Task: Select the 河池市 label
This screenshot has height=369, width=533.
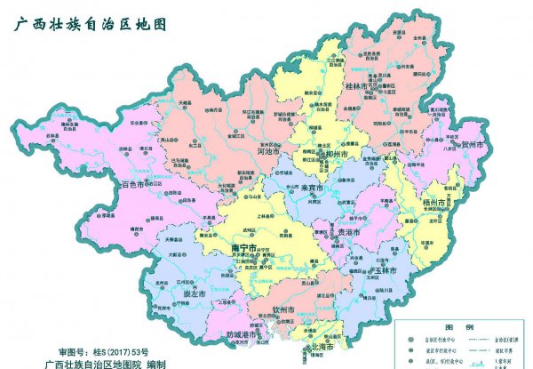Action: point(268,152)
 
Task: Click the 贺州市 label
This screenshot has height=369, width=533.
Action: point(470,144)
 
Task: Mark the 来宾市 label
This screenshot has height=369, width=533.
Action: point(310,189)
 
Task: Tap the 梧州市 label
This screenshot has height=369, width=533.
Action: point(441,203)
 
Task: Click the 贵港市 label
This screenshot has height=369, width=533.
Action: point(347,232)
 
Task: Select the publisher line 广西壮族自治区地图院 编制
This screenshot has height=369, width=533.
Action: point(107,364)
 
